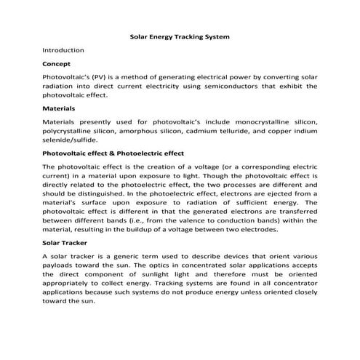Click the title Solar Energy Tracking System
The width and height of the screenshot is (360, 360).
click(179, 35)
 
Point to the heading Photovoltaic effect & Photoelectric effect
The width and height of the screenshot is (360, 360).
click(113, 153)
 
